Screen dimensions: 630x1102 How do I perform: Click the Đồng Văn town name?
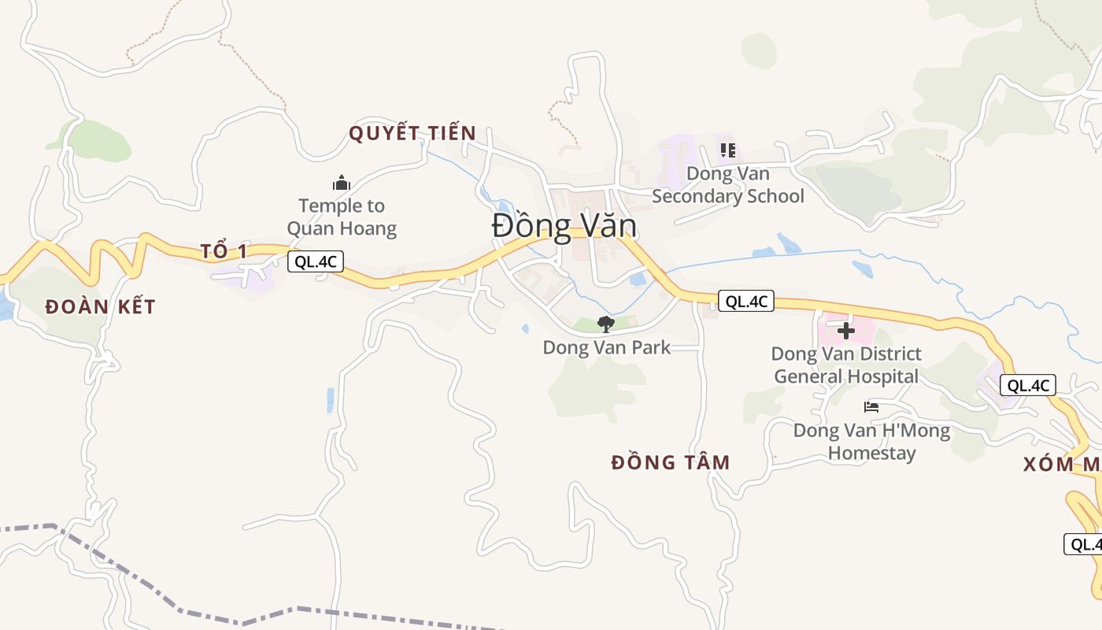click(564, 227)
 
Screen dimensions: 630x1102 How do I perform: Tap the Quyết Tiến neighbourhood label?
click(412, 133)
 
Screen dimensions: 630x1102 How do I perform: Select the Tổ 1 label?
click(224, 251)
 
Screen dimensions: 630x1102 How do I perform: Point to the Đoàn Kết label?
click(100, 306)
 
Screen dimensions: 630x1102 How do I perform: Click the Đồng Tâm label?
click(671, 462)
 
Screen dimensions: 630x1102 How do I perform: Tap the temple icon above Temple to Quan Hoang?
click(341, 183)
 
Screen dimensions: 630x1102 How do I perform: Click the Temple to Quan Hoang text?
click(342, 217)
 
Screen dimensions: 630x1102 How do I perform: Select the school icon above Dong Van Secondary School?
click(727, 150)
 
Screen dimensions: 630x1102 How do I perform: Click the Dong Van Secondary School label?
click(728, 184)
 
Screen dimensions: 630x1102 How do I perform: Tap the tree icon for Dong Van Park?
click(605, 324)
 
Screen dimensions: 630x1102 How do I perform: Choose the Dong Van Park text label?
click(606, 347)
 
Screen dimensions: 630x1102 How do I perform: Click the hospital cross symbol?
click(845, 331)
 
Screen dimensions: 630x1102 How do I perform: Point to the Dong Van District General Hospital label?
click(846, 365)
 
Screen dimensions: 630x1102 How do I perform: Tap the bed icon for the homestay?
click(871, 407)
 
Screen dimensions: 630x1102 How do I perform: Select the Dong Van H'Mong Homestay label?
click(871, 442)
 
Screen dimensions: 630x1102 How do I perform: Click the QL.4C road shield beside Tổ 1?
click(316, 262)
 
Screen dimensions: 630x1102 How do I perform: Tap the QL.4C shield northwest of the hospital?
click(745, 301)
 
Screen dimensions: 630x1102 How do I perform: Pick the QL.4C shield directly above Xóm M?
click(1027, 385)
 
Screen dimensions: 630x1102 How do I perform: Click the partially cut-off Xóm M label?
click(1061, 465)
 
